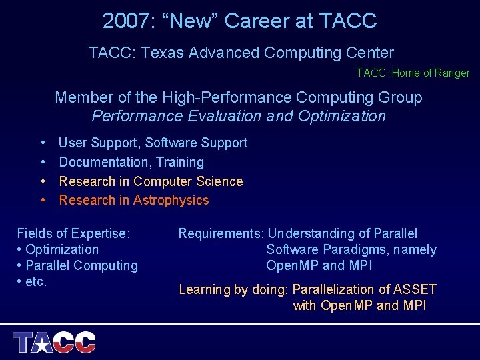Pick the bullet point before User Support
click(x=43, y=143)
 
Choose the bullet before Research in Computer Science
click(x=43, y=181)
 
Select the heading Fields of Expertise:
click(x=73, y=233)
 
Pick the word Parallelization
click(x=333, y=289)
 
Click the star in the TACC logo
click(x=43, y=344)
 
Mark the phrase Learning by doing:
click(x=234, y=289)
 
